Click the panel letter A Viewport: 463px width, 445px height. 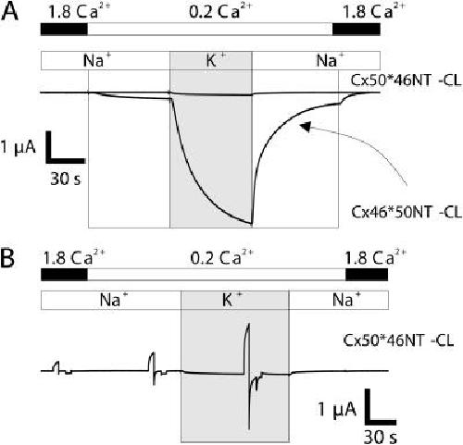tap(9, 12)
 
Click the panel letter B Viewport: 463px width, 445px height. tap(7, 258)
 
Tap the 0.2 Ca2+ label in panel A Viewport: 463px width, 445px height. tap(220, 12)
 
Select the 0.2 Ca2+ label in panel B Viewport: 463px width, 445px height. tap(222, 257)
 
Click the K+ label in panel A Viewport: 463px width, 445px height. tap(214, 60)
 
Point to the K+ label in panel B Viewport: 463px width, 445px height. tap(232, 300)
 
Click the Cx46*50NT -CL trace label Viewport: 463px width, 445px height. tap(407, 213)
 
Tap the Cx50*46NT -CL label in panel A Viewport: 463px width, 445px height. tap(406, 80)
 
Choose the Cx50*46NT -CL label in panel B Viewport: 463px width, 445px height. tap(398, 340)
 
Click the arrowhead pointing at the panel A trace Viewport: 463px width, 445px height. tap(306, 126)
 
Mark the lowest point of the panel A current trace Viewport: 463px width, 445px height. tap(252, 223)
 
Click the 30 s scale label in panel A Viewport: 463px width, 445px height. tap(66, 179)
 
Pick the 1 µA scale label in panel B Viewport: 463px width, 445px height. tap(337, 410)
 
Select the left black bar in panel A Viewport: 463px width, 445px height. tap(64, 29)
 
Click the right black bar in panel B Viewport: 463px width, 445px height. tap(367, 275)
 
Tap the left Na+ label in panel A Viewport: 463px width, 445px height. tap(97, 60)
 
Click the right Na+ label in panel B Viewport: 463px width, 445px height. tap(346, 300)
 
